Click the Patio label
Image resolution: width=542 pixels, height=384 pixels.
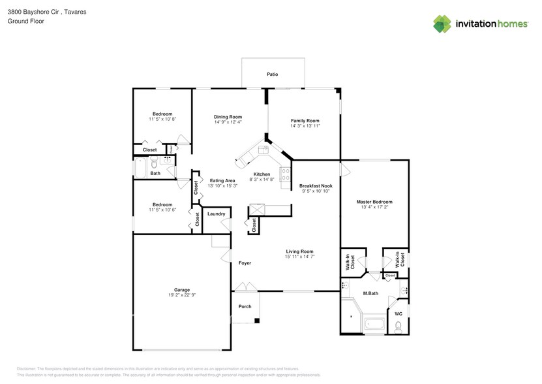272,74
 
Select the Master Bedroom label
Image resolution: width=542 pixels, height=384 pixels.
374,202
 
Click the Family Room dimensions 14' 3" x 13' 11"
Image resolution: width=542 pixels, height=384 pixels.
305,126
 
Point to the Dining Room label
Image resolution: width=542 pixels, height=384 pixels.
228,116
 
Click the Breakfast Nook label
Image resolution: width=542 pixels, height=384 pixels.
315,186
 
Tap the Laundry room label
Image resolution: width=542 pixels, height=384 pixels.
216,214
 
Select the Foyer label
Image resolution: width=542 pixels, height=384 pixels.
245,263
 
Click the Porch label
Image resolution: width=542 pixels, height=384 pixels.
245,306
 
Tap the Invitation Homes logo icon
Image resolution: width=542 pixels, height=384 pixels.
442,24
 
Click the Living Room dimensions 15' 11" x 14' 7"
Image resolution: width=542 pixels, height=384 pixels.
299,257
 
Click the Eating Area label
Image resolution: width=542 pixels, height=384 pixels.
222,181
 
